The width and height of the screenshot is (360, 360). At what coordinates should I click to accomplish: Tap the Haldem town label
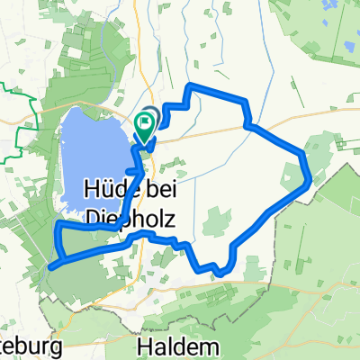pos(176,346)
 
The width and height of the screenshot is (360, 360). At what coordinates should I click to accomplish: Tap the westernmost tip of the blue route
pos(50,266)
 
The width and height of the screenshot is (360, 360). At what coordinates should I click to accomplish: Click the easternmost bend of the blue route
pos(310,178)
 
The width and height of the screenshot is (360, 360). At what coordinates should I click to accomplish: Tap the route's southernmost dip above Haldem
pos(216,269)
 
